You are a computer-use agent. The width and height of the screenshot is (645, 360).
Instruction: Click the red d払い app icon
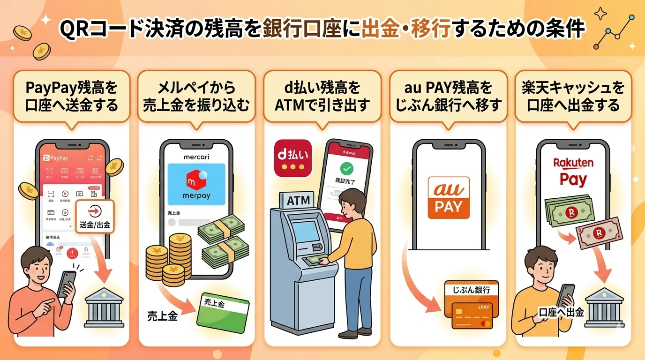tap(292, 158)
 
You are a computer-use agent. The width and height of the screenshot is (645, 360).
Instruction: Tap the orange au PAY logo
tap(449, 198)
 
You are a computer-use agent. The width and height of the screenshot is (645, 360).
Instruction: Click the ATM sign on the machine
tap(298, 201)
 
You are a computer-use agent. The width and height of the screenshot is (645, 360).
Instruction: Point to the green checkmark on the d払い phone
tap(347, 168)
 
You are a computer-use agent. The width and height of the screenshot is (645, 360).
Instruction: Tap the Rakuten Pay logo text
tap(573, 172)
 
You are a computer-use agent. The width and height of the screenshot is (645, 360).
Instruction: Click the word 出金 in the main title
tap(382, 29)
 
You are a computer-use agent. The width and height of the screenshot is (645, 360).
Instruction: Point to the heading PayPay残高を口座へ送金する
tap(72, 96)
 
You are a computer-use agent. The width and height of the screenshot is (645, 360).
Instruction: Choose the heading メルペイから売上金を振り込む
tap(196, 96)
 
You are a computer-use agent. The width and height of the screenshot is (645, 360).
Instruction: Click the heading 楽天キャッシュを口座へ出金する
tap(573, 96)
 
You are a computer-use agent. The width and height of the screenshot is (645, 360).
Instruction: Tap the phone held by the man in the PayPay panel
tap(66, 283)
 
